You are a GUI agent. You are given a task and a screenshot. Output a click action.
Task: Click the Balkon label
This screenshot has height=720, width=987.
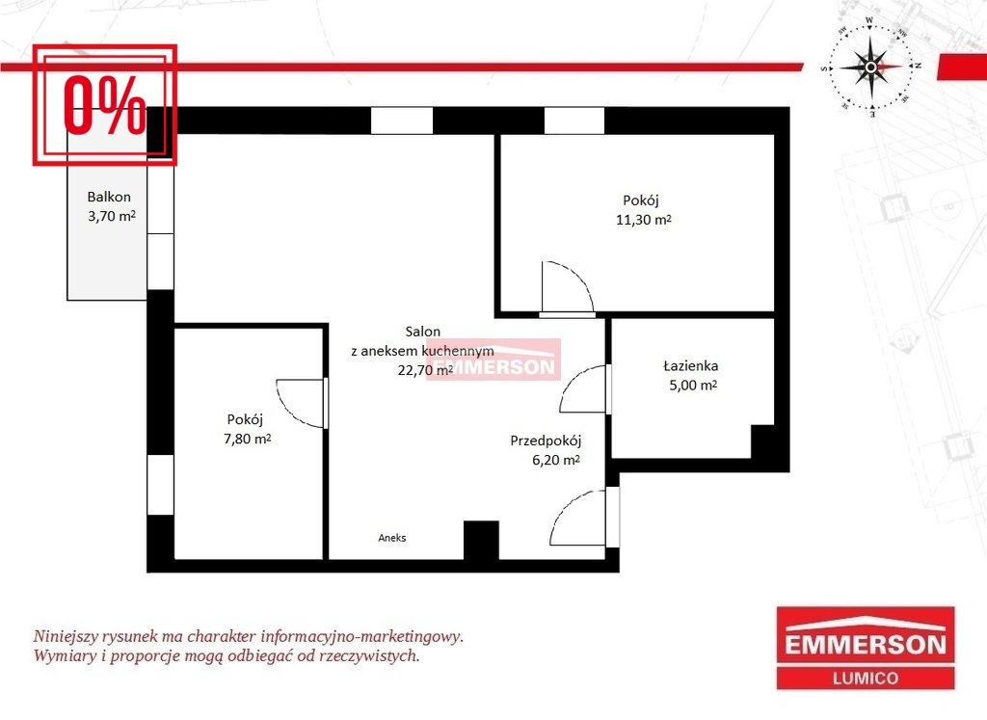(109, 197)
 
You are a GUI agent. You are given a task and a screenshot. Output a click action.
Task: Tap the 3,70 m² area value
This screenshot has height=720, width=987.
(112, 216)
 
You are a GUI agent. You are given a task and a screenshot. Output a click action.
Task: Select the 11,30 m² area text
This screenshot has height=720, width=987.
(643, 220)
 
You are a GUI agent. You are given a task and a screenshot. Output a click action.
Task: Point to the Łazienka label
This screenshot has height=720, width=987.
(690, 365)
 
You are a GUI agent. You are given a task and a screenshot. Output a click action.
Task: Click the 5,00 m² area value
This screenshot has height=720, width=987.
(692, 386)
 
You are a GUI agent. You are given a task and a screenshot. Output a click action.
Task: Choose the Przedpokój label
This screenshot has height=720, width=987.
(546, 440)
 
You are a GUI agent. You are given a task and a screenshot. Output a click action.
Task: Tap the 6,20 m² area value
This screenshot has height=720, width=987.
(556, 460)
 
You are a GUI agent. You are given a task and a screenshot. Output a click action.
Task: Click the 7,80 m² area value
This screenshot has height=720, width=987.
(248, 439)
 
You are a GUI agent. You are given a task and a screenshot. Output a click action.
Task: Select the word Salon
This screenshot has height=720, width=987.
(423, 331)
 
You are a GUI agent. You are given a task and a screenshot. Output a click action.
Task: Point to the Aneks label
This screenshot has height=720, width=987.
(392, 538)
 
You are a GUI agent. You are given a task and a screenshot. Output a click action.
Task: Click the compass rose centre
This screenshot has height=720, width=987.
(870, 67)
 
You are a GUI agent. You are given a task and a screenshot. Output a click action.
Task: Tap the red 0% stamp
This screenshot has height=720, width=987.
(104, 104)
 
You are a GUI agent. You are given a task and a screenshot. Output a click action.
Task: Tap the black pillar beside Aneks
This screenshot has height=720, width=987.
(482, 540)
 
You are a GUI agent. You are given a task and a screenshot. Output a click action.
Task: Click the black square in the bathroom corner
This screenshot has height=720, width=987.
(762, 441)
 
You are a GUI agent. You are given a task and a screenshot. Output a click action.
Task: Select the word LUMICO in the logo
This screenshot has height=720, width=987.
(866, 679)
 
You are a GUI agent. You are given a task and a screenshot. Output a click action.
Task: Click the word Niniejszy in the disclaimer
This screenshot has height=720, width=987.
(65, 636)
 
